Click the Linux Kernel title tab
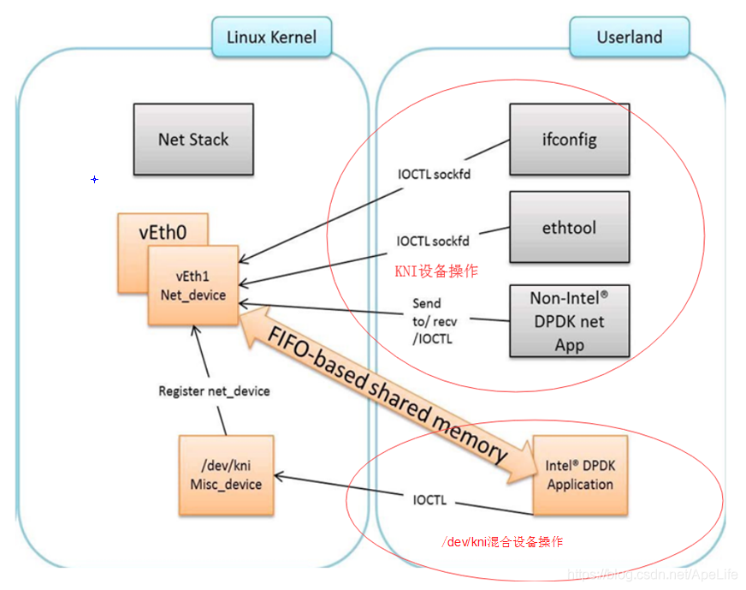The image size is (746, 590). point(271,37)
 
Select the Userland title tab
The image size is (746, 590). point(629,37)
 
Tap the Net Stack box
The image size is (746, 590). point(193,140)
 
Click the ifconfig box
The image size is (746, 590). point(569,139)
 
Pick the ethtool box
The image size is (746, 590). point(569,228)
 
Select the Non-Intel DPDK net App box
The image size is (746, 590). point(569,321)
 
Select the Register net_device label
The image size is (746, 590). point(214,390)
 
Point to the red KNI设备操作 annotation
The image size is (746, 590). point(435,271)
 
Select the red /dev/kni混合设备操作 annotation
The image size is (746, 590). point(502,542)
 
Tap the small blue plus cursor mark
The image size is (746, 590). point(94,179)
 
